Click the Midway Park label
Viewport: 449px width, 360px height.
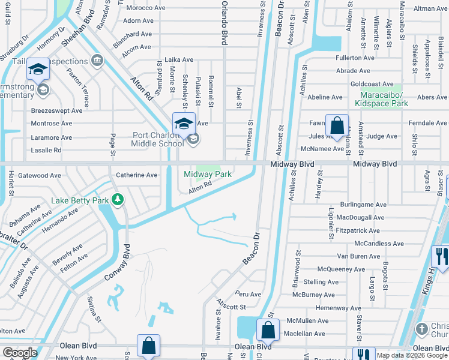(x=208, y=174)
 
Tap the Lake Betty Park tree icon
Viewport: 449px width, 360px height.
(x=118, y=199)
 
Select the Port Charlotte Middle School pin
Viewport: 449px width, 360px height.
(x=184, y=124)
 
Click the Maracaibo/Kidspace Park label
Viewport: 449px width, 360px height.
(x=384, y=99)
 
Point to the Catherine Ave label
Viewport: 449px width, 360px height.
(x=136, y=175)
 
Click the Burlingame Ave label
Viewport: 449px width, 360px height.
(x=362, y=205)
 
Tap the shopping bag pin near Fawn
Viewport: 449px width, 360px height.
(x=337, y=126)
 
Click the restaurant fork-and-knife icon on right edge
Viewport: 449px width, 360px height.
(x=441, y=256)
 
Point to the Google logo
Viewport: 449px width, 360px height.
(x=20, y=353)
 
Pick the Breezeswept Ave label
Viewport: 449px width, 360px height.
(x=56, y=110)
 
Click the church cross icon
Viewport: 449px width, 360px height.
(x=423, y=329)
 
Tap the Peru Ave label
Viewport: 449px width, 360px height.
(x=249, y=295)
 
